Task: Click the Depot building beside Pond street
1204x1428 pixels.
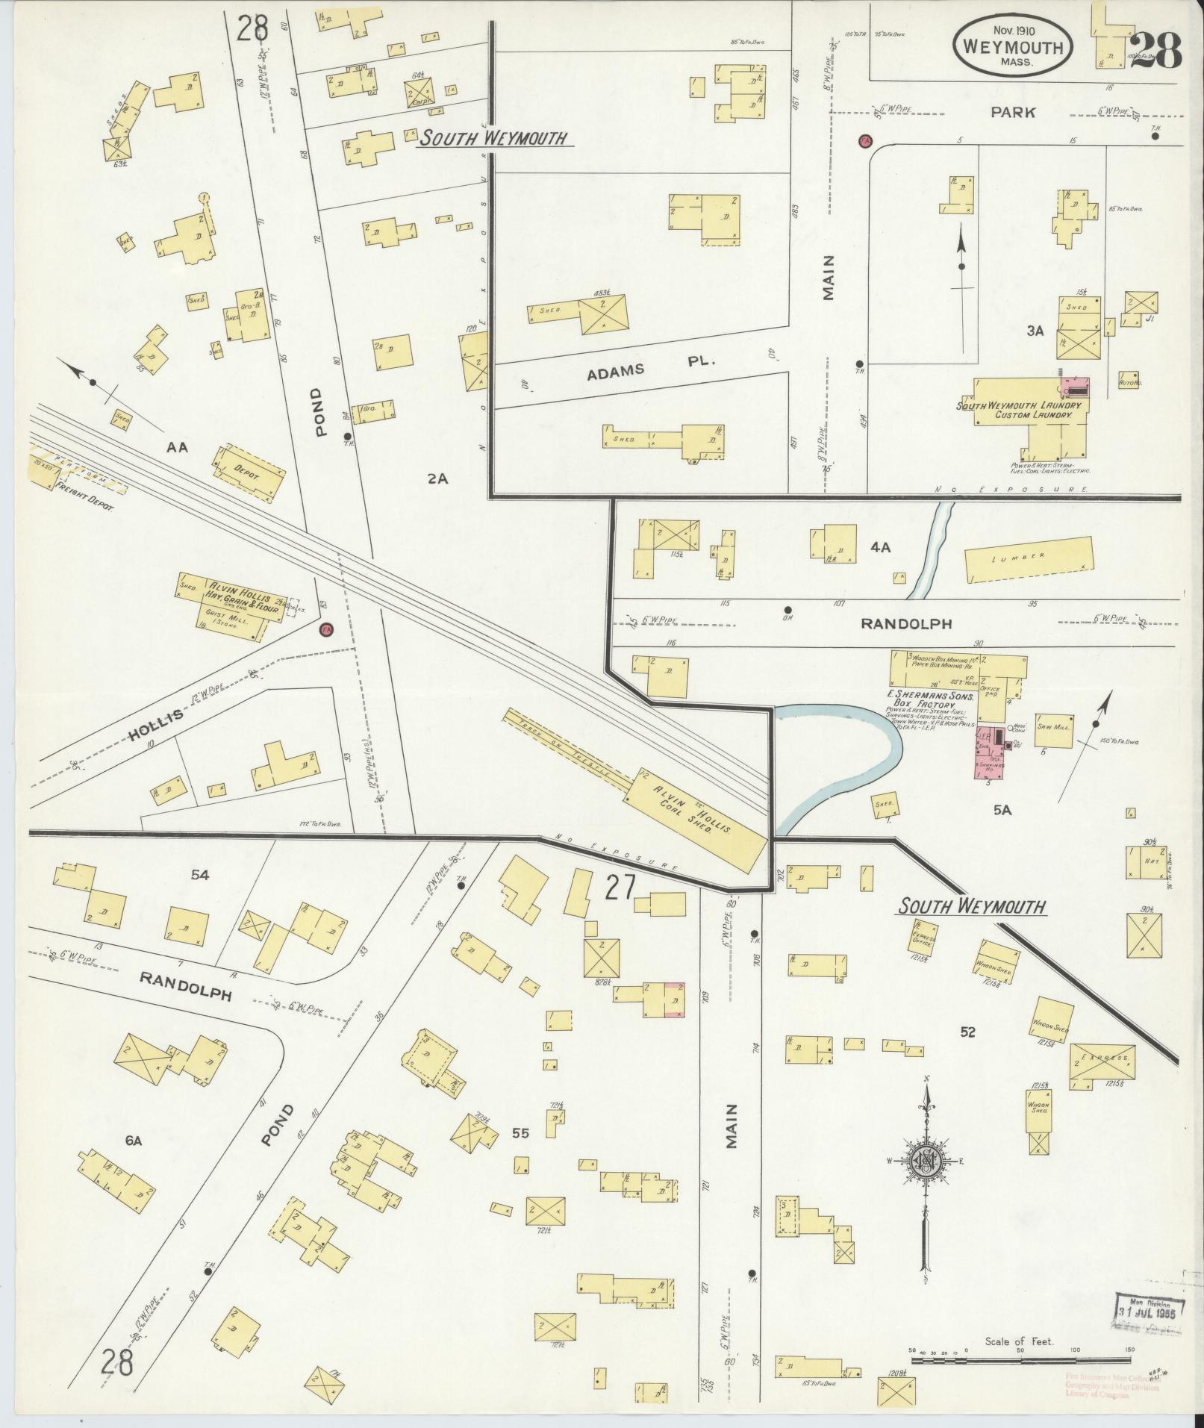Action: pyautogui.click(x=250, y=472)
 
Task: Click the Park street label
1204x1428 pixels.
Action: pyautogui.click(x=1013, y=113)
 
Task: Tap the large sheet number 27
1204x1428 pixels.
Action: pyautogui.click(x=620, y=888)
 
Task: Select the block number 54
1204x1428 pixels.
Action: pyautogui.click(x=199, y=874)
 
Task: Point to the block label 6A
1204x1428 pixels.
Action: pyautogui.click(x=133, y=1140)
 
